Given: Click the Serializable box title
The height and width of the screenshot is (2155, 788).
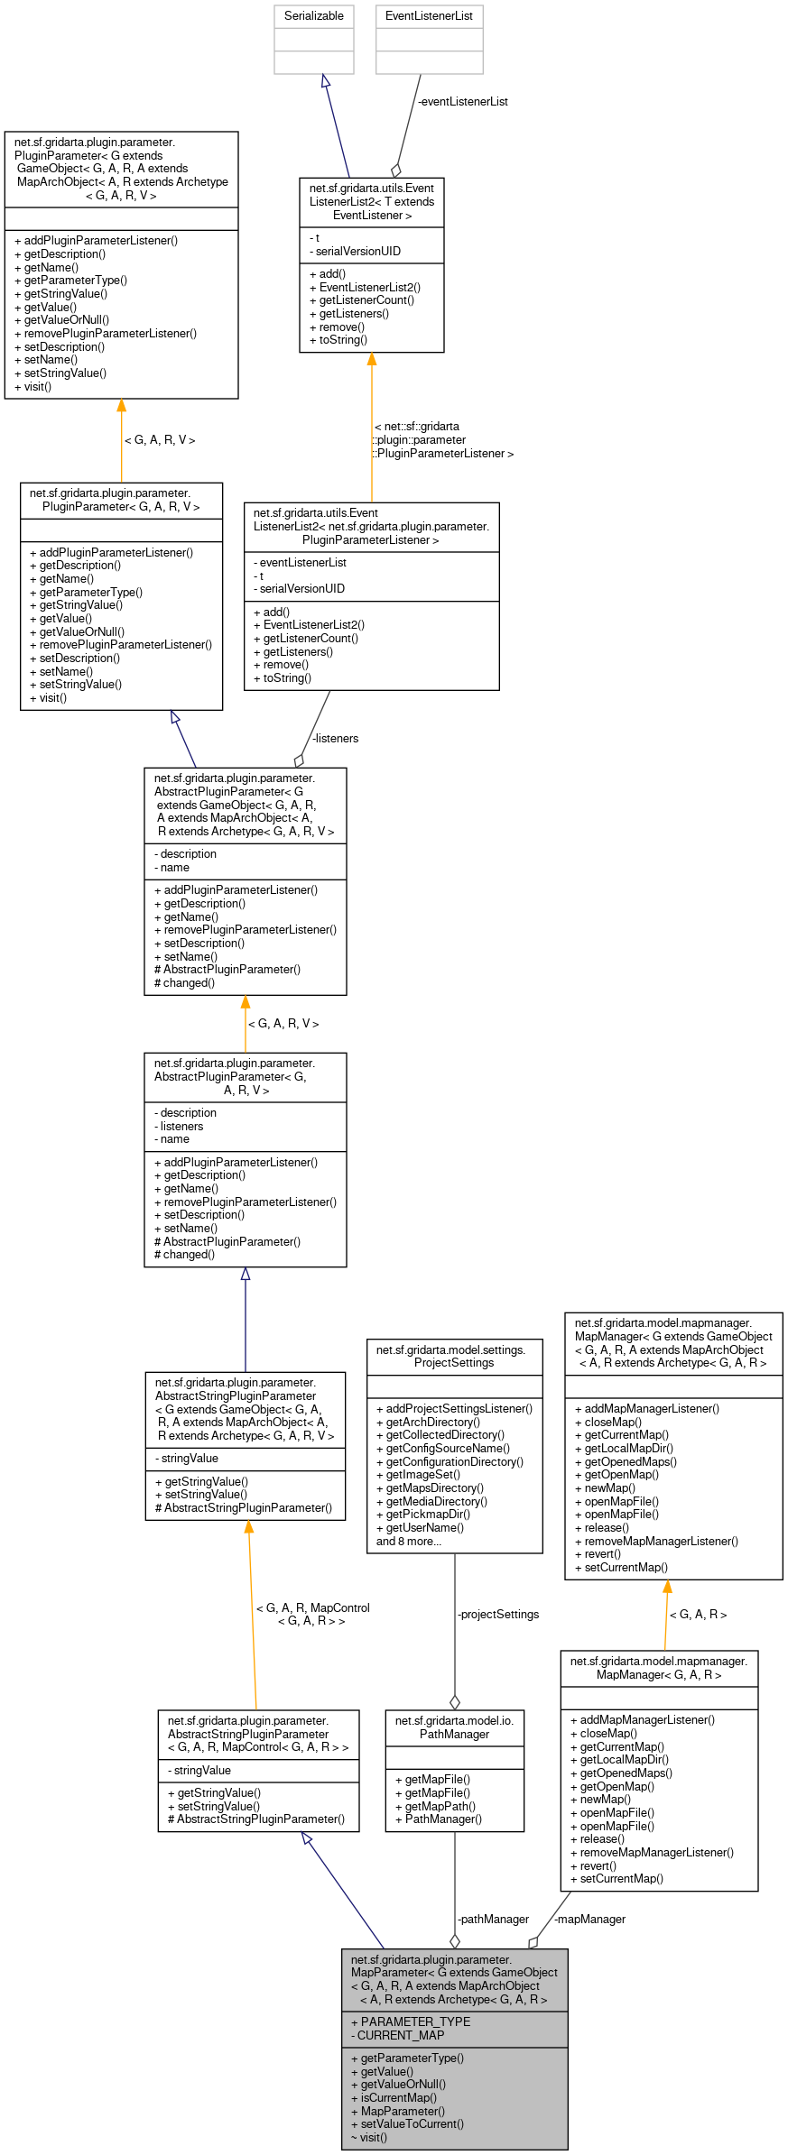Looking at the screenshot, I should [x=313, y=16].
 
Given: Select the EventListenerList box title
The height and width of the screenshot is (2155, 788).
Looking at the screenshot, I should [x=429, y=16].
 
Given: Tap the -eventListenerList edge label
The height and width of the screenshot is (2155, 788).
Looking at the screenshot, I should [x=462, y=102].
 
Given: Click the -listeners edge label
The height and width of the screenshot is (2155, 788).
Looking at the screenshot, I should [x=335, y=739].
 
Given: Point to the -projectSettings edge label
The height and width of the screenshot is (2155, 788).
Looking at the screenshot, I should [x=498, y=1615].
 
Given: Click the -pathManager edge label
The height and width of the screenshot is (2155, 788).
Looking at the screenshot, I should [x=493, y=1920].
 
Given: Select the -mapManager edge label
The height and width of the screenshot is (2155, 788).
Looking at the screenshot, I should [x=589, y=1920].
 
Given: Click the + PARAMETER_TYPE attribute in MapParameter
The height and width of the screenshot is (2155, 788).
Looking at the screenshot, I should [x=411, y=2021].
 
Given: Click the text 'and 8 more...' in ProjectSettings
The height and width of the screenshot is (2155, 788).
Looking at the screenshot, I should [x=408, y=1542].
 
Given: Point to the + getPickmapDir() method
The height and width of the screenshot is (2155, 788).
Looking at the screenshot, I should [x=422, y=1515].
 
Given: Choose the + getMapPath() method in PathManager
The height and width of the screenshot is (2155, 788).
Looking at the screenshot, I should [x=435, y=1806].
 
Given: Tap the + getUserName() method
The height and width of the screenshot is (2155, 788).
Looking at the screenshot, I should [x=420, y=1528].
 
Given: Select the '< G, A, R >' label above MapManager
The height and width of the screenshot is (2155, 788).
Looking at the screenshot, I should [x=698, y=1615].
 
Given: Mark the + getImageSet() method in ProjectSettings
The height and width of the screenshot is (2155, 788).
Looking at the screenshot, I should [x=418, y=1475].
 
